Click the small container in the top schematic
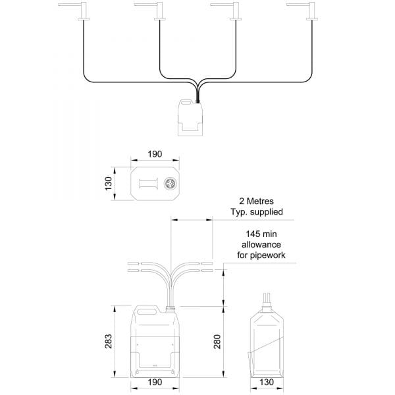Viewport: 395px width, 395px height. (x=190, y=118)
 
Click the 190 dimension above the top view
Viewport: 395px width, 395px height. (x=155, y=154)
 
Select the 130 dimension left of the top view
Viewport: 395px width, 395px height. (x=109, y=184)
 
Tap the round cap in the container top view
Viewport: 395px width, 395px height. (x=170, y=184)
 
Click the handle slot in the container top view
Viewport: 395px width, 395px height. (x=148, y=184)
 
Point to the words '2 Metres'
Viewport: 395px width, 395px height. (x=256, y=201)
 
